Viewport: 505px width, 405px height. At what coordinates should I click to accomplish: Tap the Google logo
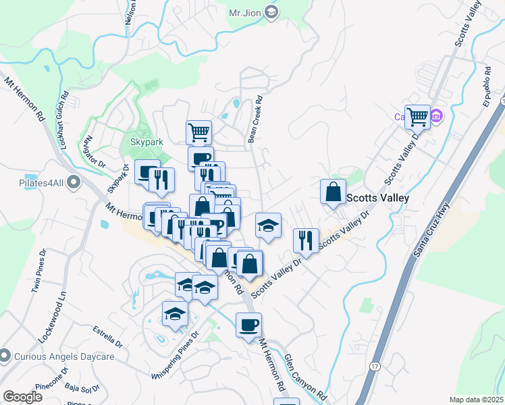22,396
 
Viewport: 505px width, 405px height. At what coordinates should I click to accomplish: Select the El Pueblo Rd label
491,90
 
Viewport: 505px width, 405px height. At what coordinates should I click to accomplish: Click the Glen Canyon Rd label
305,376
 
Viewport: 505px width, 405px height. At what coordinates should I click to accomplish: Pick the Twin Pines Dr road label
38,271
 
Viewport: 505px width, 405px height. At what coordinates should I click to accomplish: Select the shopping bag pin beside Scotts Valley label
333,192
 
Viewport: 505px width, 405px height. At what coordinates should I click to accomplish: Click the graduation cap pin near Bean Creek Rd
268,225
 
